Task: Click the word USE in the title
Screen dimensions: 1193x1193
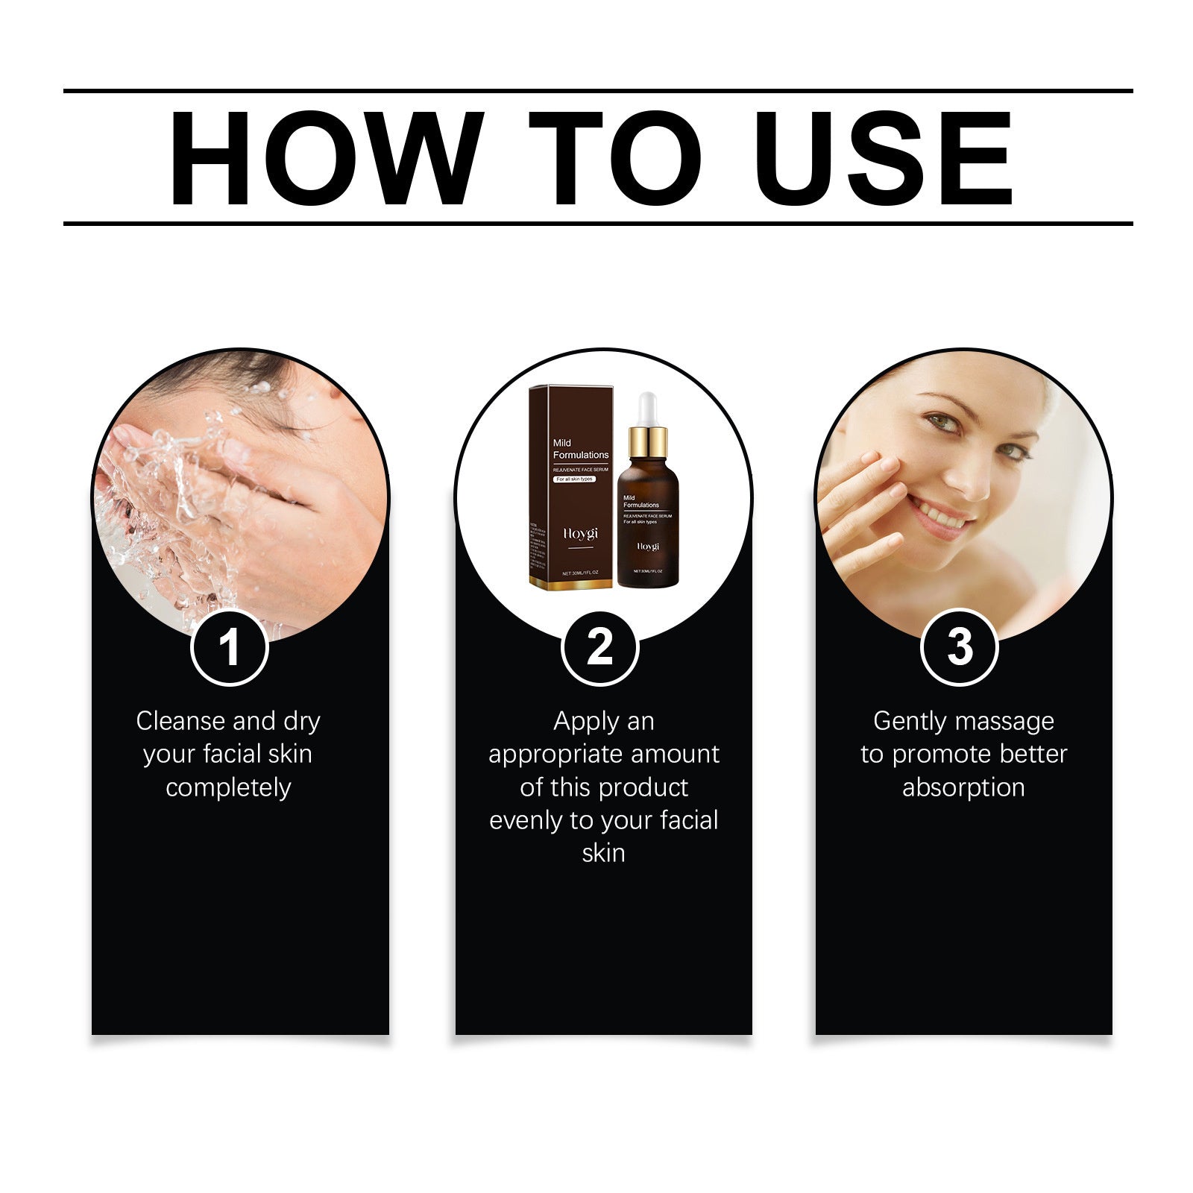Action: point(884,158)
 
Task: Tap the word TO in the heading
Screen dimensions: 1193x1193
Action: point(616,158)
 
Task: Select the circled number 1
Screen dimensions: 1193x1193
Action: point(229,647)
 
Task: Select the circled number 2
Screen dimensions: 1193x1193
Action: point(599,647)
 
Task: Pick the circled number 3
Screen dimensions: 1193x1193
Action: point(960,647)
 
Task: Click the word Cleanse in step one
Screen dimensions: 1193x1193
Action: point(180,721)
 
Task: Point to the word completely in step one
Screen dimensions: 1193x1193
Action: point(228,787)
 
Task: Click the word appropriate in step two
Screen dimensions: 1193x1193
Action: point(554,755)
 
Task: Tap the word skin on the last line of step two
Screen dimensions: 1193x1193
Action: point(603,853)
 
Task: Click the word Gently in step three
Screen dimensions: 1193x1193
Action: point(909,722)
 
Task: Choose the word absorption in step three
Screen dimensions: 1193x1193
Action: point(963,787)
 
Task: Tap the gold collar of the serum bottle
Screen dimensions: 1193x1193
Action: point(647,442)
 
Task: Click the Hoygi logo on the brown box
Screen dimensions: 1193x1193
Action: point(580,535)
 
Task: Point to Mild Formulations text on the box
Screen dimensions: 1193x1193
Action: point(580,449)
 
